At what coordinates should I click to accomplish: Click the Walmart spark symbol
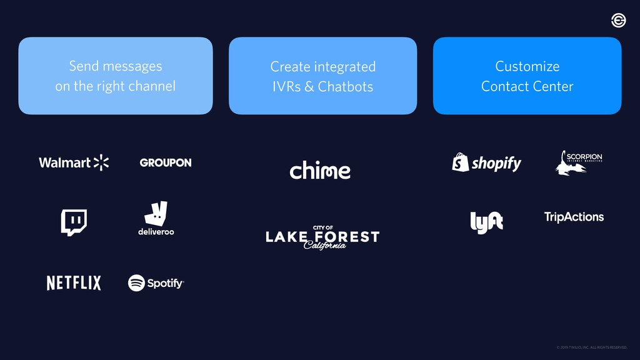click(101, 162)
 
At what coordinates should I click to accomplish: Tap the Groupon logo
click(166, 162)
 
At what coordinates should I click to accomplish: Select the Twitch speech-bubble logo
click(74, 222)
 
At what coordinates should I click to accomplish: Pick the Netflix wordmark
click(74, 283)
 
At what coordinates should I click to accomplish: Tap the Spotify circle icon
click(137, 283)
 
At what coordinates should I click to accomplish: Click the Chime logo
click(320, 170)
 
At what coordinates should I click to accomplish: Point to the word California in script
click(324, 245)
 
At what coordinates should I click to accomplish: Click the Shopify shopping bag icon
click(461, 162)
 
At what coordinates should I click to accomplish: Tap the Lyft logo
click(486, 222)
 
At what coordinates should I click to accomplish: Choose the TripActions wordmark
click(574, 217)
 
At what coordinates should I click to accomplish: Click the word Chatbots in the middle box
click(346, 87)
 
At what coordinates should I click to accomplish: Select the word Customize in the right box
click(527, 66)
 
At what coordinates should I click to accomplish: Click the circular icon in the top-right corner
click(618, 21)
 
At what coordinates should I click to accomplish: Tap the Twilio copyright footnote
click(591, 347)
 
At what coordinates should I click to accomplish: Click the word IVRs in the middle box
click(286, 87)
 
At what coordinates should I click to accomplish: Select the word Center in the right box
click(552, 87)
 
